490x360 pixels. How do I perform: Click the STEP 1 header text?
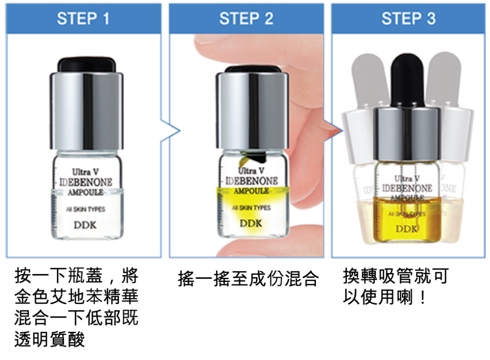pyautogui.click(x=83, y=19)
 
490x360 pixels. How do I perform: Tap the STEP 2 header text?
pyautogui.click(x=246, y=19)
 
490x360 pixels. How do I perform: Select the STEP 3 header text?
pyautogui.click(x=409, y=19)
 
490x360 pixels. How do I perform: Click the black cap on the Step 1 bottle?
pyautogui.click(x=87, y=65)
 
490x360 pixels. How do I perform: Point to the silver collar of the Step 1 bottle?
pyautogui.click(x=87, y=111)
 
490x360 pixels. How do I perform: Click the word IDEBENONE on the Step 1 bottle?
pyautogui.click(x=86, y=182)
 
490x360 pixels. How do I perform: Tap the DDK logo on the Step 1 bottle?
pyautogui.click(x=85, y=225)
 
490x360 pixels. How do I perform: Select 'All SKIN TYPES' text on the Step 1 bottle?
pyautogui.click(x=86, y=209)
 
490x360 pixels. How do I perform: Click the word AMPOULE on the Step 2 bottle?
pyautogui.click(x=252, y=191)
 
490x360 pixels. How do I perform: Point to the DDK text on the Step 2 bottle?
pyautogui.click(x=251, y=223)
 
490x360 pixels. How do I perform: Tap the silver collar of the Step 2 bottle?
pyautogui.click(x=252, y=111)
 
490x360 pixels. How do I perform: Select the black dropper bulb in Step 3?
pyautogui.click(x=407, y=80)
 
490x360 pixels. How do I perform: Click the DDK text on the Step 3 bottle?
pyautogui.click(x=406, y=229)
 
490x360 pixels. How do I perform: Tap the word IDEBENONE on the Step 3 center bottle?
pyautogui.click(x=407, y=188)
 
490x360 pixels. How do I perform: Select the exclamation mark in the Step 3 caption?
pyautogui.click(x=423, y=297)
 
